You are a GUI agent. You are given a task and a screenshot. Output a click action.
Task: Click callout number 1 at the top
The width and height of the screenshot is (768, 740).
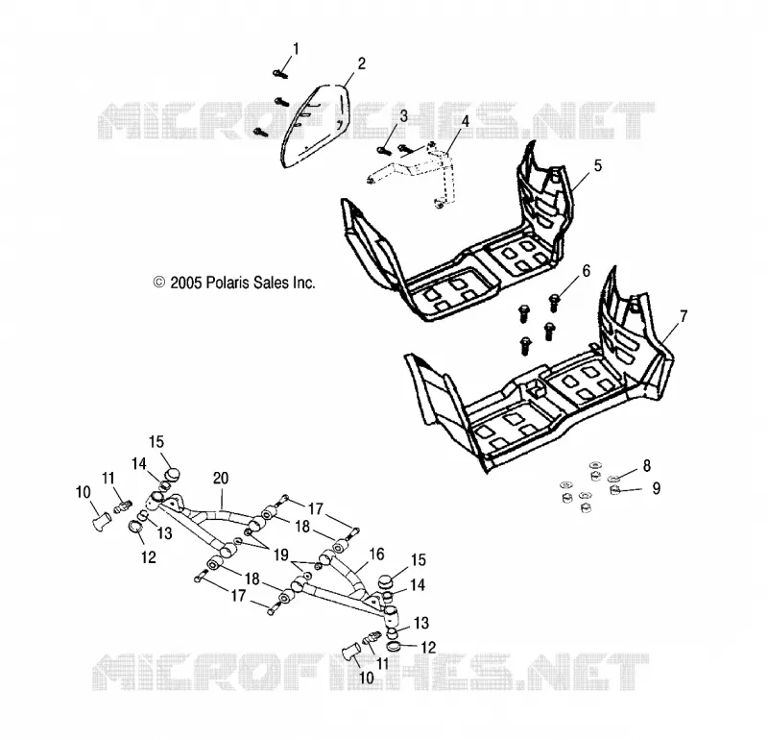[296, 49]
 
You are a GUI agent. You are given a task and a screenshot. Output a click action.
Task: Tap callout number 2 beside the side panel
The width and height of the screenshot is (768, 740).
[362, 63]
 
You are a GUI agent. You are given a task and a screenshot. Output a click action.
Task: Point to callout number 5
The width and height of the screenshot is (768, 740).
[597, 165]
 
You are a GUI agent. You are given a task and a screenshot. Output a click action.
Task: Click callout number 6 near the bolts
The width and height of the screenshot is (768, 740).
[587, 271]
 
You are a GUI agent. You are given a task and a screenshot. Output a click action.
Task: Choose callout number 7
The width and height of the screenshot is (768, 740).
[684, 316]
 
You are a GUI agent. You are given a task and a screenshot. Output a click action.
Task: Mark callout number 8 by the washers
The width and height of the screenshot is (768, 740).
[647, 466]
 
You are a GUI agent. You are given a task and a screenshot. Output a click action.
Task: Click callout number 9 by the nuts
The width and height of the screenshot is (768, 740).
[657, 488]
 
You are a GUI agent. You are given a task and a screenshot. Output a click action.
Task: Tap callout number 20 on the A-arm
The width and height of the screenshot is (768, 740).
[221, 479]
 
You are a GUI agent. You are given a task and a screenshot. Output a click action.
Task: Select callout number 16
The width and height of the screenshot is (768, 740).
[376, 555]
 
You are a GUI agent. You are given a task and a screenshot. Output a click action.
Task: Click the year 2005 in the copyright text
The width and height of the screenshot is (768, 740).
[186, 283]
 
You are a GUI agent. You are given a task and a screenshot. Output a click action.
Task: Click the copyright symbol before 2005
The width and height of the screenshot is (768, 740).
[159, 283]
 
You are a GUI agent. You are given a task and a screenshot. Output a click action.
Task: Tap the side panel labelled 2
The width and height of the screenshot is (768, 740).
[316, 126]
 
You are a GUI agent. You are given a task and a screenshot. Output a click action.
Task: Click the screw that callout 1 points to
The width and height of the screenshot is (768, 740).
[280, 74]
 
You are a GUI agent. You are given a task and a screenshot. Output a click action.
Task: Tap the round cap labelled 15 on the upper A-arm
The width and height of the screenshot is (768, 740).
[172, 474]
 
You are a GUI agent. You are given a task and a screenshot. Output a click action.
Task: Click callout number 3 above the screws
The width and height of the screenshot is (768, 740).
[403, 116]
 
